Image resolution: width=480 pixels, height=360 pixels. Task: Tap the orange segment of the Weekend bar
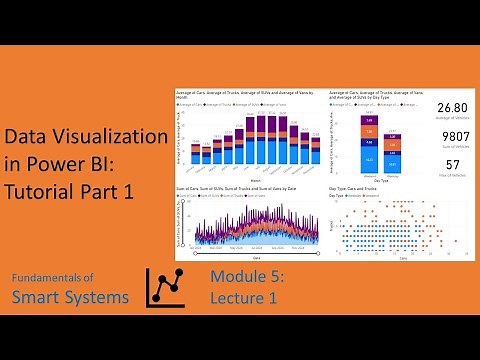[369, 132]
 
